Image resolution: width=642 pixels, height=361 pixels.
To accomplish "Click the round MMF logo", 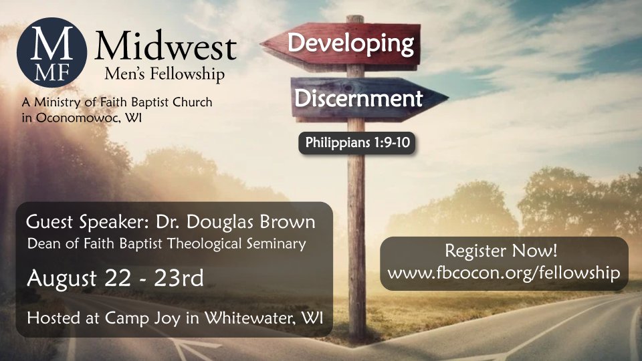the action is (51, 52).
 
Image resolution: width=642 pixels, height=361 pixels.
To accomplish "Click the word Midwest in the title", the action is (166, 46).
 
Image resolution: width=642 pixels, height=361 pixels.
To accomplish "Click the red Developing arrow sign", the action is (340, 44).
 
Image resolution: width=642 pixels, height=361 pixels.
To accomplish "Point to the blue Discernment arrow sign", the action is (369, 98).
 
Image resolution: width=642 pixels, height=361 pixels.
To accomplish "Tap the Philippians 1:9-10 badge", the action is (357, 143).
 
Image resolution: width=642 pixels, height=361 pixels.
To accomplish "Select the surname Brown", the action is (288, 222).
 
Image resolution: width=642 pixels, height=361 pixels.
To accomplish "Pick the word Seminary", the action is (276, 245).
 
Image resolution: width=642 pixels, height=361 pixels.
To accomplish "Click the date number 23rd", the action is (179, 278).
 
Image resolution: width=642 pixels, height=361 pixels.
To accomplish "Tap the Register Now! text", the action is (501, 251).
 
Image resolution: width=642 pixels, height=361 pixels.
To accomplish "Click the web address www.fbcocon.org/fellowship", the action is (504, 273).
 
